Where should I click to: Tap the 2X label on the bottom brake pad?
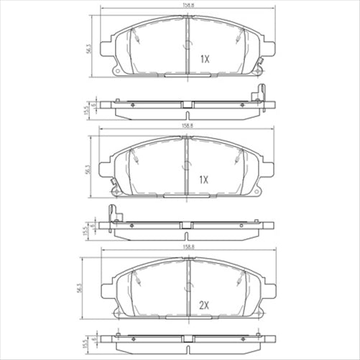tap(204, 306)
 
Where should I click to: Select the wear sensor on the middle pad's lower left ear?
tap(113, 190)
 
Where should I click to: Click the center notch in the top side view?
tap(187, 107)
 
